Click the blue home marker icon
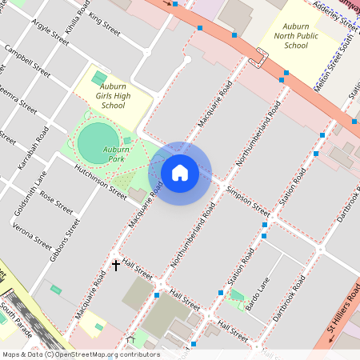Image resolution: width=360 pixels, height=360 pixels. click(180, 172)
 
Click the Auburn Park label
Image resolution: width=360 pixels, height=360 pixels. click(117, 154)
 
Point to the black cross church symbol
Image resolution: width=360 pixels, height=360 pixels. click(116, 264)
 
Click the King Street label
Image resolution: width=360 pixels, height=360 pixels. click(105, 26)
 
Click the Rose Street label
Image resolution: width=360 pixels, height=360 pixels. click(56, 205)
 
